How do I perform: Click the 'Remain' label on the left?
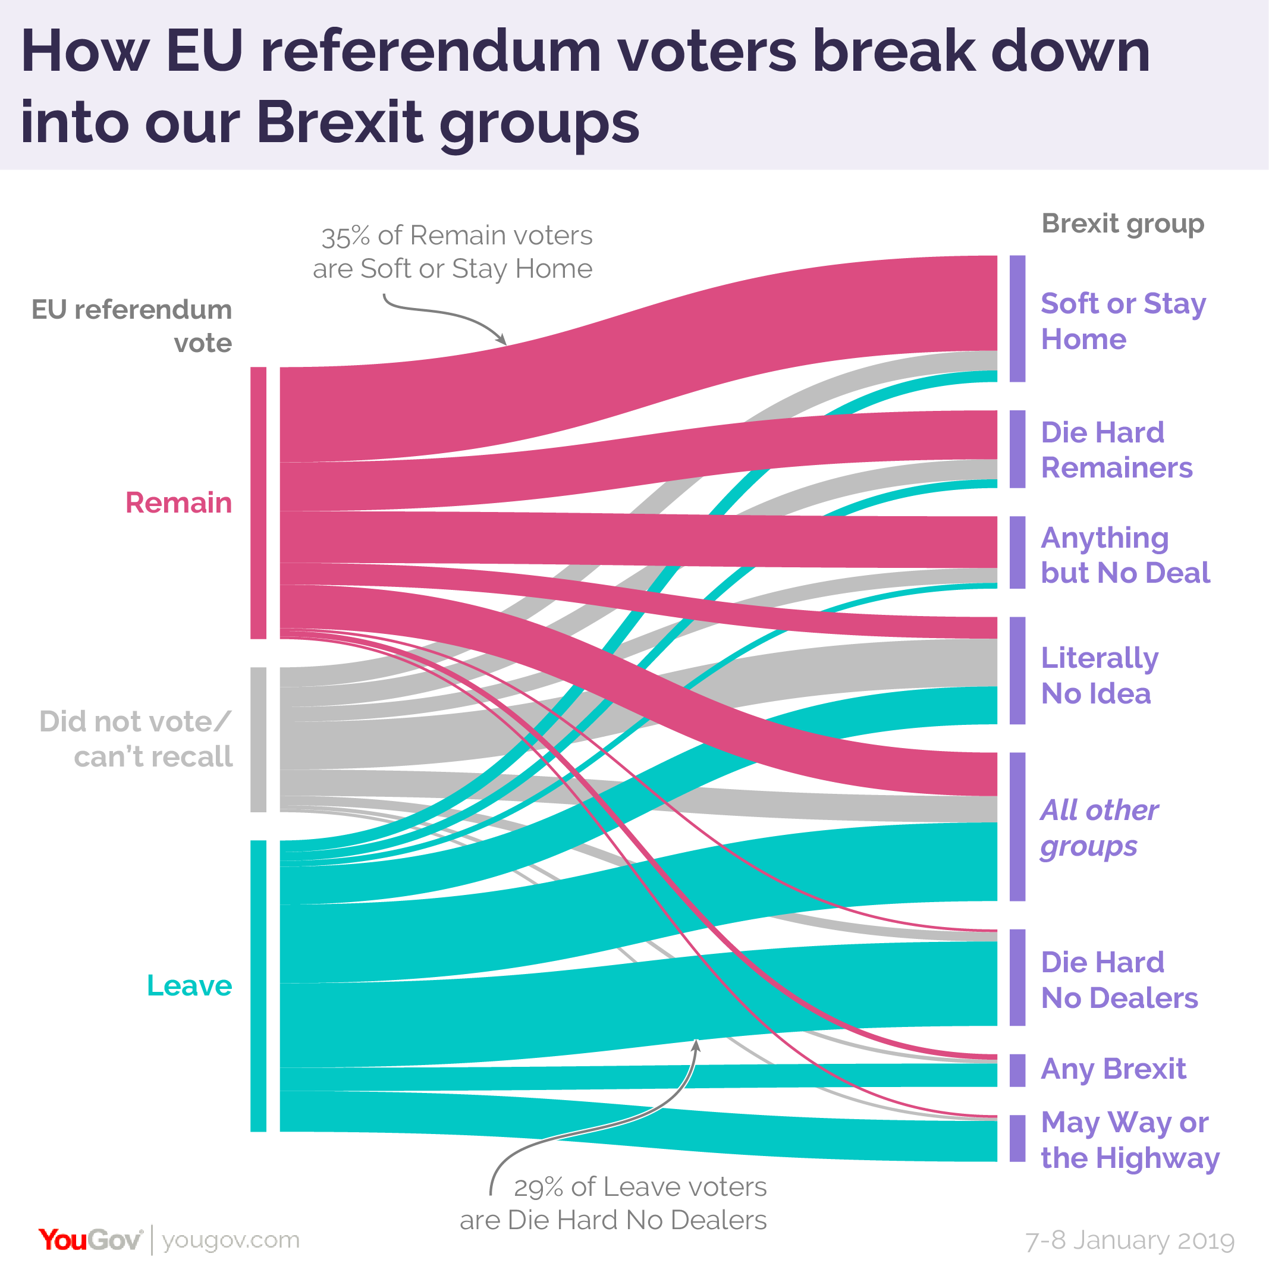pos(178,503)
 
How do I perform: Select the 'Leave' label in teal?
pos(189,986)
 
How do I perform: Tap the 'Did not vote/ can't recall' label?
pos(136,739)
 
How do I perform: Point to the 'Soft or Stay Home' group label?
pos(1123,321)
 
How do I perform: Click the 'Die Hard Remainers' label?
pos(1116,450)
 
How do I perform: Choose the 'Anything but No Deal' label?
pos(1124,555)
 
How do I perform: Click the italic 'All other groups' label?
pos(1099,828)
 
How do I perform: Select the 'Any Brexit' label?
pos(1113,1069)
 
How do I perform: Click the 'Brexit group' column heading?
pos(1123,224)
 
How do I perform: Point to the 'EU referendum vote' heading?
pos(131,326)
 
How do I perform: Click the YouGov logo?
pos(90,1240)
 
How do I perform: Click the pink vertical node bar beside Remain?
pos(258,502)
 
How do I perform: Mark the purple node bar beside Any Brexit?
pos(1017,1070)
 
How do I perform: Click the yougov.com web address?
pos(231,1240)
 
